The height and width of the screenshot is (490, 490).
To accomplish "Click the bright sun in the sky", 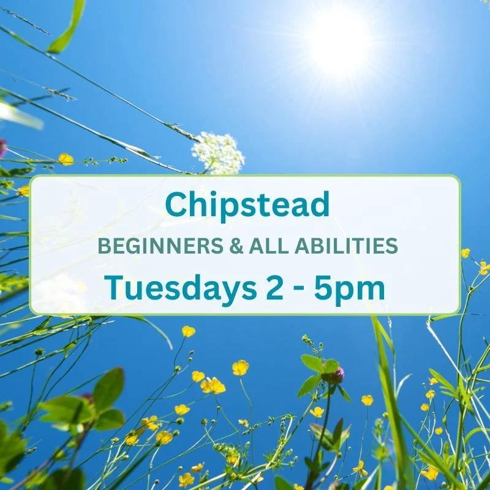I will click(339, 41).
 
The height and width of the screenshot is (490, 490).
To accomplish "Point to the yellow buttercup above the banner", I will click(66, 159).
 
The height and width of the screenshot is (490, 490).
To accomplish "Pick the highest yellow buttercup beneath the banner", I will click(188, 331).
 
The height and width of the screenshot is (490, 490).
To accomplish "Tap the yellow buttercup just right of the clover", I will click(367, 400).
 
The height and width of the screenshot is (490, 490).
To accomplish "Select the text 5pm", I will click(350, 287).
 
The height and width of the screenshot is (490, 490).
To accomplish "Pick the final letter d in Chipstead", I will click(320, 205).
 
